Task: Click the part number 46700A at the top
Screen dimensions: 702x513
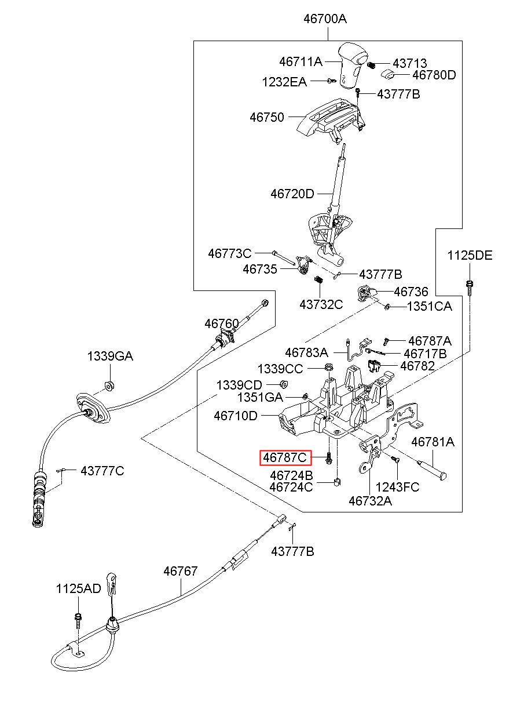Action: pos(325,19)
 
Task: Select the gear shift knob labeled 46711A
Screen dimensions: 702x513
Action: pos(351,65)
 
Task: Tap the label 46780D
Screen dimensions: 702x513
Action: pos(434,75)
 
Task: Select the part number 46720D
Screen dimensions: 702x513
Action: pos(292,194)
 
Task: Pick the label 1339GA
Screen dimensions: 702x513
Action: pos(110,357)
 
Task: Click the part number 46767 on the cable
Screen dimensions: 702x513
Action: pos(181,572)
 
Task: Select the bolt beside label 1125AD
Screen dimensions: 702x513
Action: pos(78,620)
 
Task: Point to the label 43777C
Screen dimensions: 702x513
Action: pos(102,470)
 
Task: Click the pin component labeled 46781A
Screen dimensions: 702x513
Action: pos(432,468)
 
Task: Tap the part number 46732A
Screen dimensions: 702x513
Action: pos(370,500)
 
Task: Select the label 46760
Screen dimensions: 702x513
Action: pos(221,323)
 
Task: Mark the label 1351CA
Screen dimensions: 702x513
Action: pos(429,307)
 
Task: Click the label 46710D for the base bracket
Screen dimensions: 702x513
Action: pos(235,416)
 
